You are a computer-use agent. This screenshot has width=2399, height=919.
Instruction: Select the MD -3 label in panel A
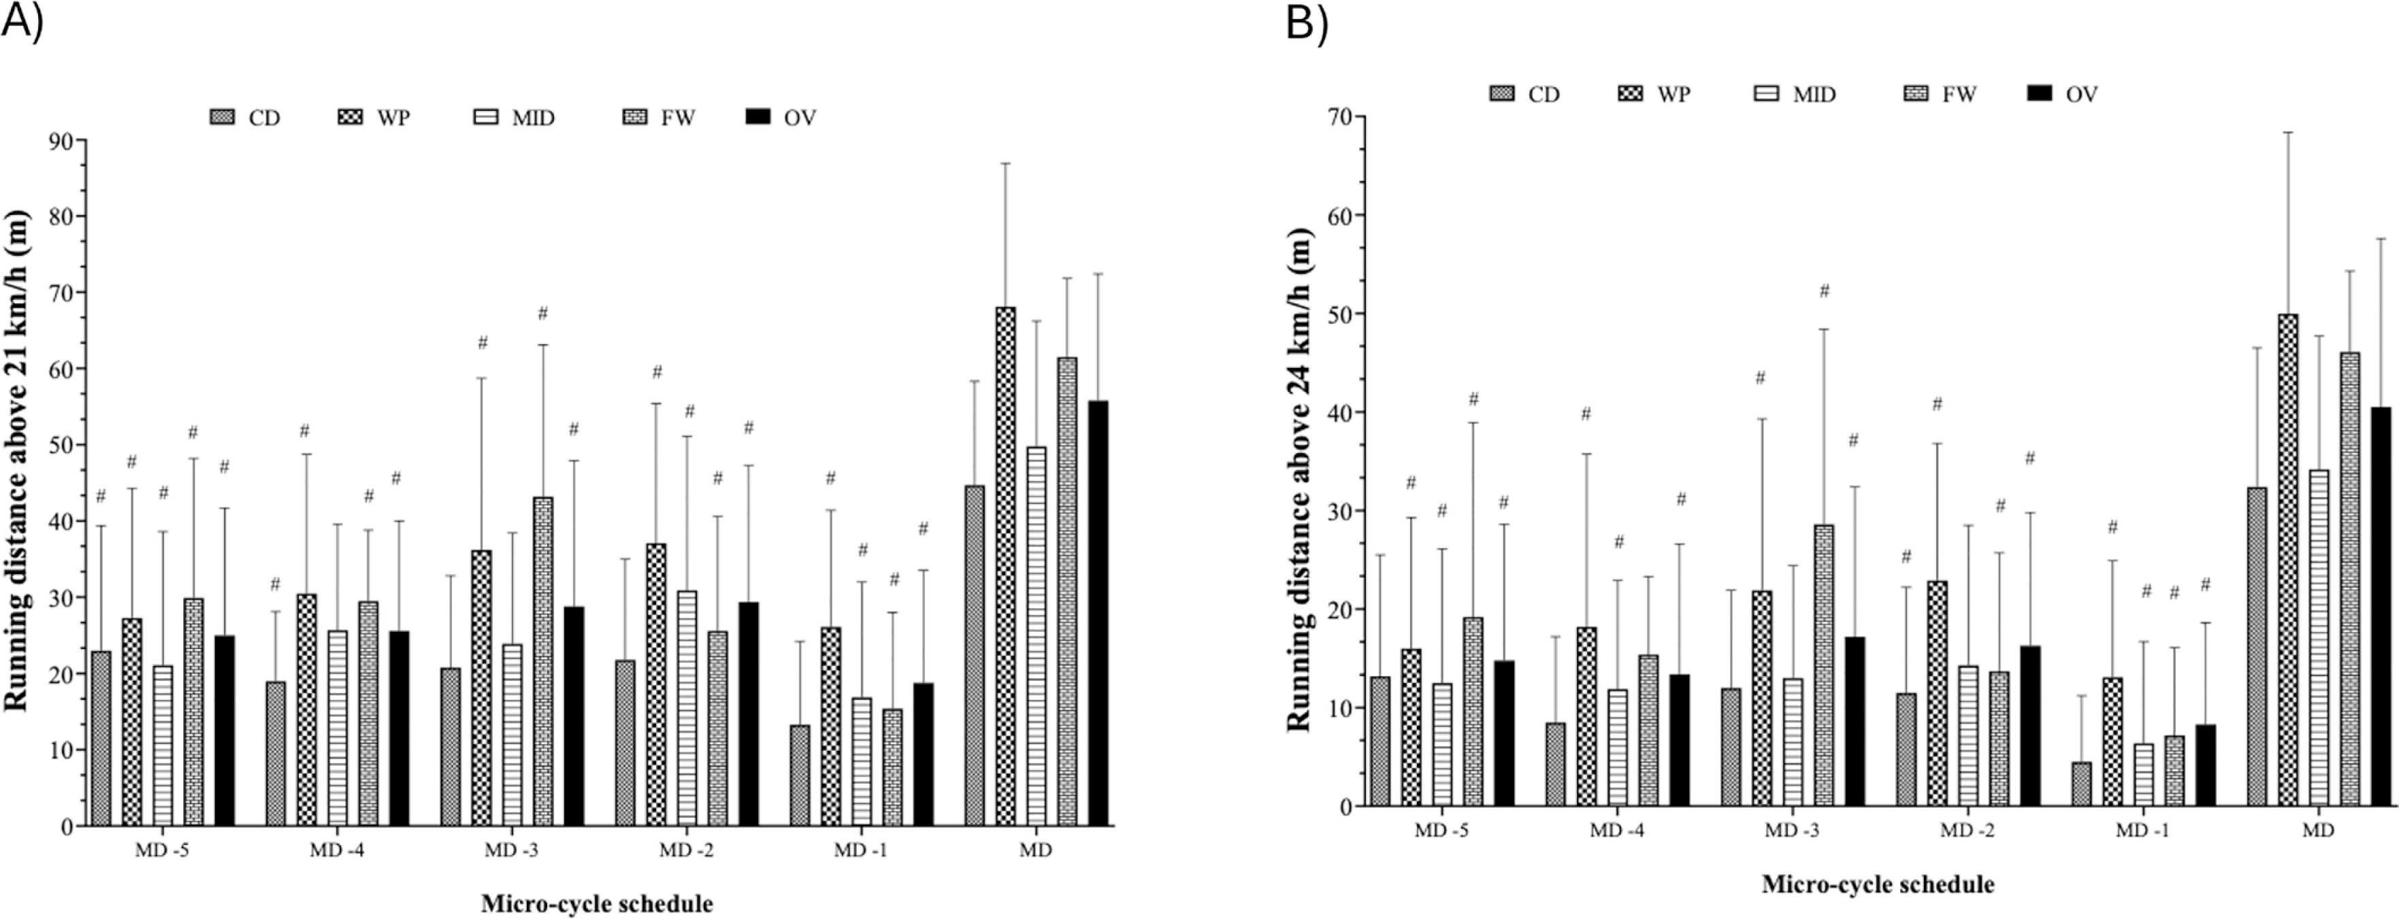click(x=511, y=850)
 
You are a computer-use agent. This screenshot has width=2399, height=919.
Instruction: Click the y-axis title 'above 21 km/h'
click(x=17, y=461)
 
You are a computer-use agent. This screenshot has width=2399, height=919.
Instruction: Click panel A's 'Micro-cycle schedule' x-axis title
click(x=597, y=903)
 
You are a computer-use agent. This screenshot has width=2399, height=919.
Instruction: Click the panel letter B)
click(x=1307, y=23)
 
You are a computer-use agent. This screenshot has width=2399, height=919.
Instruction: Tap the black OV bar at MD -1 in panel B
click(x=2205, y=765)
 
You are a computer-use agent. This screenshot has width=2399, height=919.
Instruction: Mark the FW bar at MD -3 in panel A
click(x=543, y=661)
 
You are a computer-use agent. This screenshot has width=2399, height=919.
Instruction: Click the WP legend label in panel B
click(x=1674, y=94)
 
